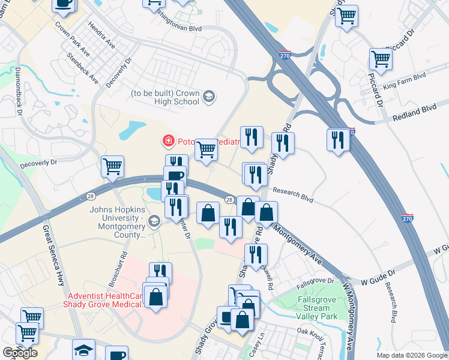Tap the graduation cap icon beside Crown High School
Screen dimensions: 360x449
pos(208,97)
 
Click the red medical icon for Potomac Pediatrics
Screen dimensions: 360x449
pos(169,141)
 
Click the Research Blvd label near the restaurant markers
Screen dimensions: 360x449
pos(294,194)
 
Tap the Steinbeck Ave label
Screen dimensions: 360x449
pos(82,67)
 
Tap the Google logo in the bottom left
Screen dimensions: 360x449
pos(20,353)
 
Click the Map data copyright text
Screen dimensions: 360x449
pos(411,355)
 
